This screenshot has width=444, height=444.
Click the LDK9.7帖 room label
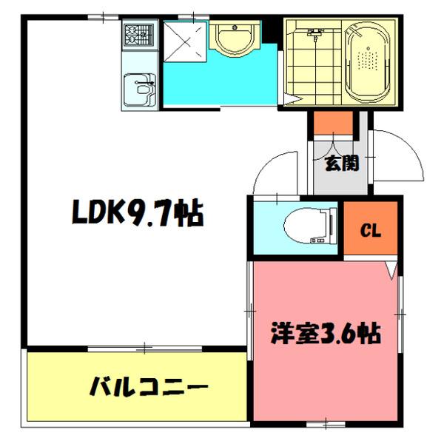[x=138, y=214]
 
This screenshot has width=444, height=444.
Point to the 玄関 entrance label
[x=341, y=163]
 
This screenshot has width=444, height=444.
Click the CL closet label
[x=370, y=231]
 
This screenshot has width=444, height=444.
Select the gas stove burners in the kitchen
[x=138, y=34]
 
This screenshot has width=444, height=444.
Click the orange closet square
[x=371, y=230]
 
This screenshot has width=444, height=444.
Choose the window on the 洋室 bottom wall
[x=326, y=423]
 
